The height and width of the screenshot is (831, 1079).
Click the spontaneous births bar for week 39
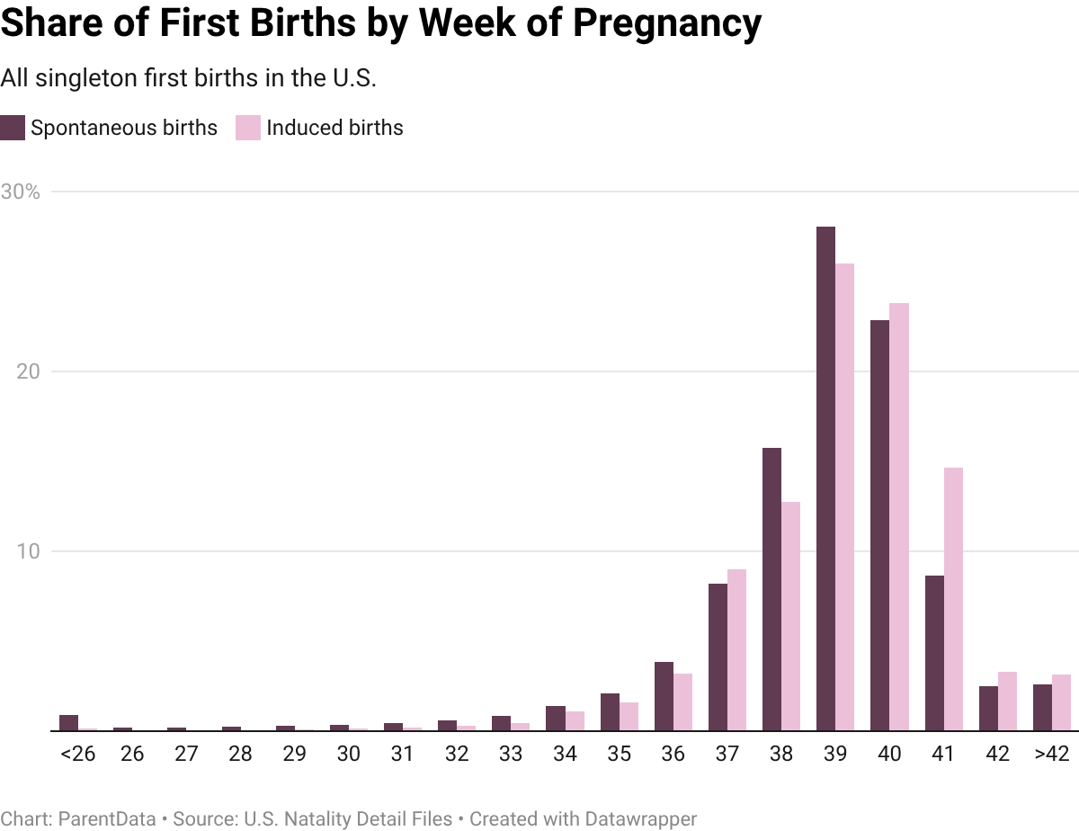[826, 477]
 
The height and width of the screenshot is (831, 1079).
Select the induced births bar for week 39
[844, 495]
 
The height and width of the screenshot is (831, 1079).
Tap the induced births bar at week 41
[953, 597]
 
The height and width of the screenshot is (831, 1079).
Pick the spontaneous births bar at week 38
[771, 588]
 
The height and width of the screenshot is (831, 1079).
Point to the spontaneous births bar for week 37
[718, 656]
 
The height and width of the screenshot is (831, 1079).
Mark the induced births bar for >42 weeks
[1062, 701]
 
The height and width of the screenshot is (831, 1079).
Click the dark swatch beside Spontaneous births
[13, 128]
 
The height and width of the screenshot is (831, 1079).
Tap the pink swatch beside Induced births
[248, 128]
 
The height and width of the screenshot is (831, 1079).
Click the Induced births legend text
[334, 128]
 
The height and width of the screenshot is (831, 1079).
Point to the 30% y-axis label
[20, 192]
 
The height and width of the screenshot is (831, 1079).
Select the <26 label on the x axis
[77, 755]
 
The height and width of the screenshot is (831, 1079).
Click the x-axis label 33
[511, 755]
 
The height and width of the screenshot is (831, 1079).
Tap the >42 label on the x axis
[1052, 755]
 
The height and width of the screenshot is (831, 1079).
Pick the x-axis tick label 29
[294, 755]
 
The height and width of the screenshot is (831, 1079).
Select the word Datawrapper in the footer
[641, 819]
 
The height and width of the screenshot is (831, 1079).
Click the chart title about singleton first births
[188, 78]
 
